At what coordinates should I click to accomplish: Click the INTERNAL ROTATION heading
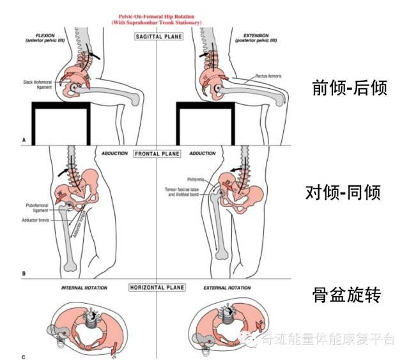click(x=84, y=288)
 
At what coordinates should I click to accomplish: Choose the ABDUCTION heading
click(x=116, y=154)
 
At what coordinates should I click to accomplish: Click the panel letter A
click(x=24, y=138)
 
